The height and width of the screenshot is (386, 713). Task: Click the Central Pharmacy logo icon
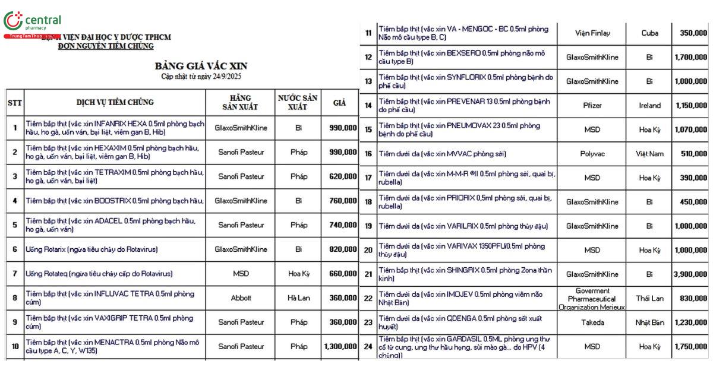coord(12,20)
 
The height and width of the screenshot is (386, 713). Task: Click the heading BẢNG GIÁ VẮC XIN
coord(201,65)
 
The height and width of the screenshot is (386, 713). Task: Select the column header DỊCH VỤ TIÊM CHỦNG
coord(115,102)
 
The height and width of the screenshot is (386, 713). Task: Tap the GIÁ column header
coord(339,102)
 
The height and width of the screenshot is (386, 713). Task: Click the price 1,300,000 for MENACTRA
coord(340,346)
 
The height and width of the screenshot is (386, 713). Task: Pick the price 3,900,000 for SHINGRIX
coord(691,274)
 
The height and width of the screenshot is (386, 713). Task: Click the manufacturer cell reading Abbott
coord(241,298)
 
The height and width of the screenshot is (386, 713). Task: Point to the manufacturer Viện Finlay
coord(592,33)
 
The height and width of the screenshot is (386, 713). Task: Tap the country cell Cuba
coord(649,33)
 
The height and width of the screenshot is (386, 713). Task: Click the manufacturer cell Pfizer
coord(592,106)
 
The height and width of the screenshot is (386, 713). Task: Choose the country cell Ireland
coord(649,106)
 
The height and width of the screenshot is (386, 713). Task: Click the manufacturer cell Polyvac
coord(592,154)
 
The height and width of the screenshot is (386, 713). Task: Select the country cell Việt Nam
coord(649,154)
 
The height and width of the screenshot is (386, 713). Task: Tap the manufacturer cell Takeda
coord(592,322)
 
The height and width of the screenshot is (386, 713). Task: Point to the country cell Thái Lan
coord(649,298)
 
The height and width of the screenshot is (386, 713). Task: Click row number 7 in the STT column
coord(15,274)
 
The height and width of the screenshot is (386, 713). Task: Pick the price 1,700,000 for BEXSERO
coord(691,58)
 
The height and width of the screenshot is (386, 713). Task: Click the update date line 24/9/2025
coord(201,77)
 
